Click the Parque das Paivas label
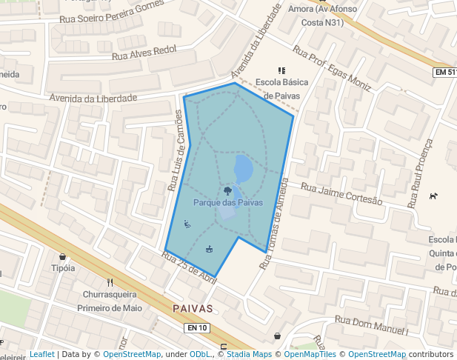228,202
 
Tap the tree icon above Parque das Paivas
227,190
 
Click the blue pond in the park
243,169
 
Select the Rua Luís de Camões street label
175,151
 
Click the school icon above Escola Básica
281,70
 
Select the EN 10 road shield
198,327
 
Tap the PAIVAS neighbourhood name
192,308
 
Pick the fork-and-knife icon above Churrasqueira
110,282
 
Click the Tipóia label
63,268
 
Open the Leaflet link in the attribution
41,354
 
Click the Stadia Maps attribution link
249,354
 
